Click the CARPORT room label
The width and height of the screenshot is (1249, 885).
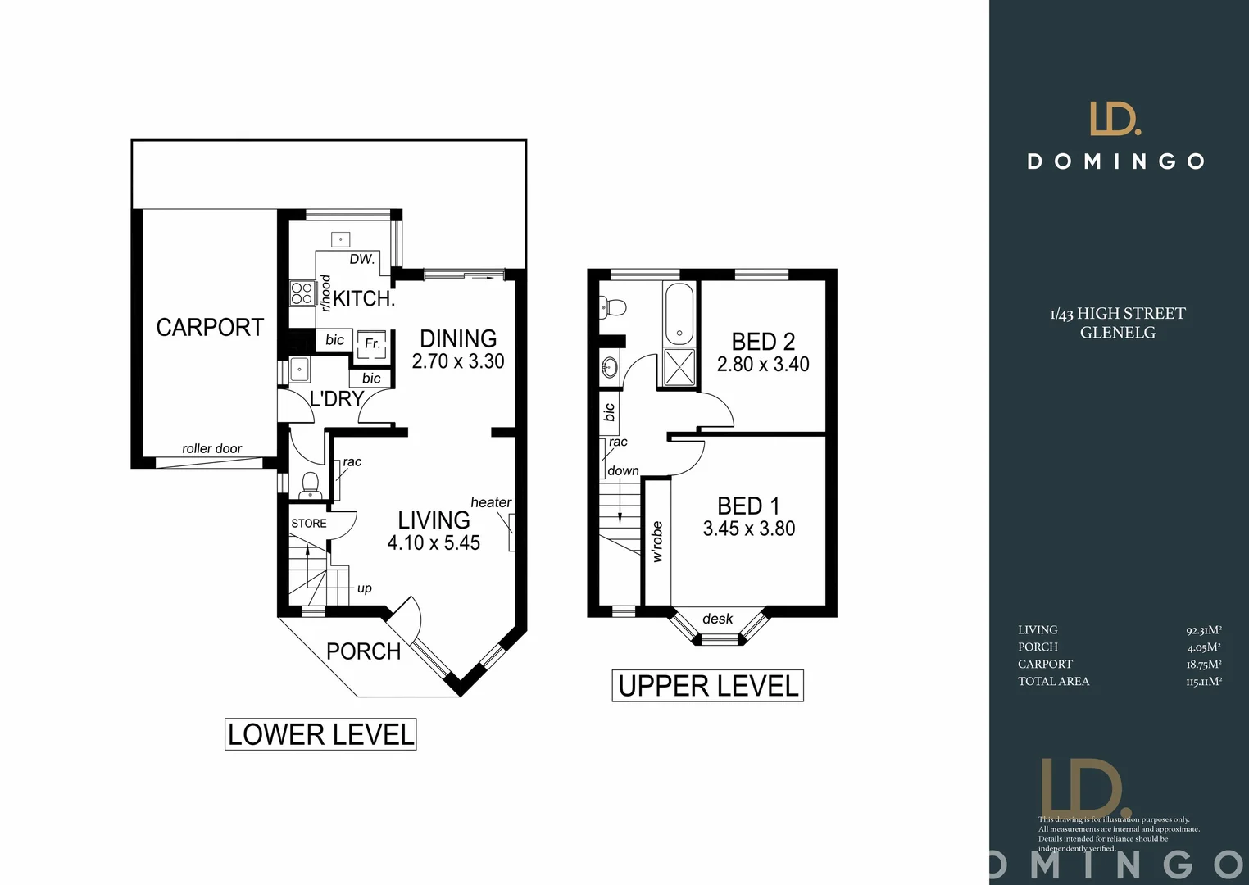[x=210, y=328]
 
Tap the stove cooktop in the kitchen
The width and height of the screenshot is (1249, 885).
[x=302, y=293]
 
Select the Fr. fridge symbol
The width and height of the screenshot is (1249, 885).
[x=371, y=344]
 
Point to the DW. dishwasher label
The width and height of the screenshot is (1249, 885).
[x=361, y=259]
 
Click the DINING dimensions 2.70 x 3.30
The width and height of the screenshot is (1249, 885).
[x=458, y=361]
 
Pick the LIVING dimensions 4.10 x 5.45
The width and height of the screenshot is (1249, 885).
[x=434, y=542]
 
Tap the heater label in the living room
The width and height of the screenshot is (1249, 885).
[x=491, y=502]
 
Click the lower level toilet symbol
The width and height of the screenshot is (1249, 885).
[x=310, y=485]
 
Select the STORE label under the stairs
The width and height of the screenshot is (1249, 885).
[x=309, y=524]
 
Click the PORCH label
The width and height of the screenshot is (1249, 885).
[x=363, y=651]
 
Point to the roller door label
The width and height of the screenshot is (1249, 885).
[x=211, y=448]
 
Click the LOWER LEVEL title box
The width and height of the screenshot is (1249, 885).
[x=320, y=734]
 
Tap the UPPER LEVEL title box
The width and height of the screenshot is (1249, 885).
[x=708, y=686]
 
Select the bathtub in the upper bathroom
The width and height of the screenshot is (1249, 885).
[x=679, y=314]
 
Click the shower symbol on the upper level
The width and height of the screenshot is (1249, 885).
[x=679, y=366]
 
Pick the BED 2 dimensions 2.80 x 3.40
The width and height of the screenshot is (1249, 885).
[x=763, y=365]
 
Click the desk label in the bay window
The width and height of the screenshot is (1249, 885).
[x=717, y=619]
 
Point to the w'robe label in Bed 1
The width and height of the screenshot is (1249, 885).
[x=657, y=542]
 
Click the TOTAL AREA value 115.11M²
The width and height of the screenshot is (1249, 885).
[x=1203, y=682]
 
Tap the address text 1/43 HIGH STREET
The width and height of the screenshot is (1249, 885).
[x=1118, y=314]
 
